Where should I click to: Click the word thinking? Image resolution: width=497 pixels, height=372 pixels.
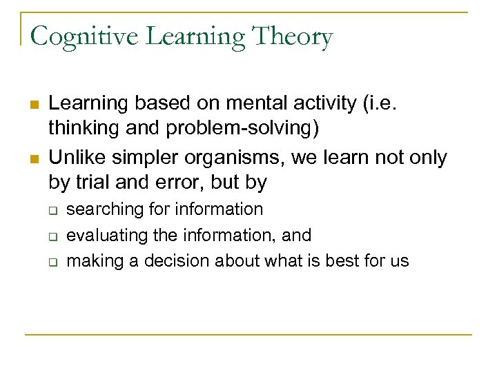tap(82, 128)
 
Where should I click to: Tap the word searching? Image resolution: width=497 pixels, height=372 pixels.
tap(104, 209)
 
